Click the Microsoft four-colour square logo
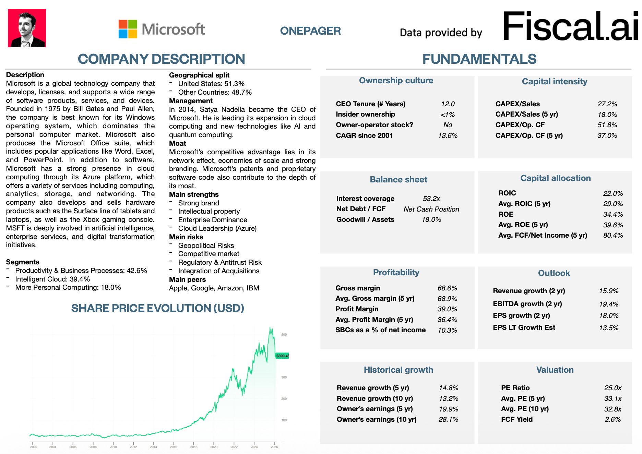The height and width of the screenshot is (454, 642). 128,29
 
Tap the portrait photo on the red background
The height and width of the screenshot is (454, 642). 27,28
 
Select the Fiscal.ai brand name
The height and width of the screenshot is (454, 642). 570,26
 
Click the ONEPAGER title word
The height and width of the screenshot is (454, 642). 310,31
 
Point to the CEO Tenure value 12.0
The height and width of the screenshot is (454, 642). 448,104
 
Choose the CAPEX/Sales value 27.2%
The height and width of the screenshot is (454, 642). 607,104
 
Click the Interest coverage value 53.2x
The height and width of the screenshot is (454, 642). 431,199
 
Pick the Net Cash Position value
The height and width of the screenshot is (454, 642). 431,209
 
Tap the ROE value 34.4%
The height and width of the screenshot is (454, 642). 613,214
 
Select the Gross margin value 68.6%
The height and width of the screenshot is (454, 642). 447,288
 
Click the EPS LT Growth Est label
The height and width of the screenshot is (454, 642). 524,327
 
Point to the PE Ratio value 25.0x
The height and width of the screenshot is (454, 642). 613,388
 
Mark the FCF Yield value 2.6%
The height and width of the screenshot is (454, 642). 613,419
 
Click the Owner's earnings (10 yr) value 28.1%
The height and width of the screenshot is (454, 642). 448,419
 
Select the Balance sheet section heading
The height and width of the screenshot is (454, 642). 399,179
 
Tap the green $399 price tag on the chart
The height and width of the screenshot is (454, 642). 282,356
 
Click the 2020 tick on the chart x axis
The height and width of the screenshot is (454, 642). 214,447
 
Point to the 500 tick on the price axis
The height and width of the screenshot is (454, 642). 284,335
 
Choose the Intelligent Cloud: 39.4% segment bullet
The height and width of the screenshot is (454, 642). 52,279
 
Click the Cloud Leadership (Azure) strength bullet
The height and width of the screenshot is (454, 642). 217,228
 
